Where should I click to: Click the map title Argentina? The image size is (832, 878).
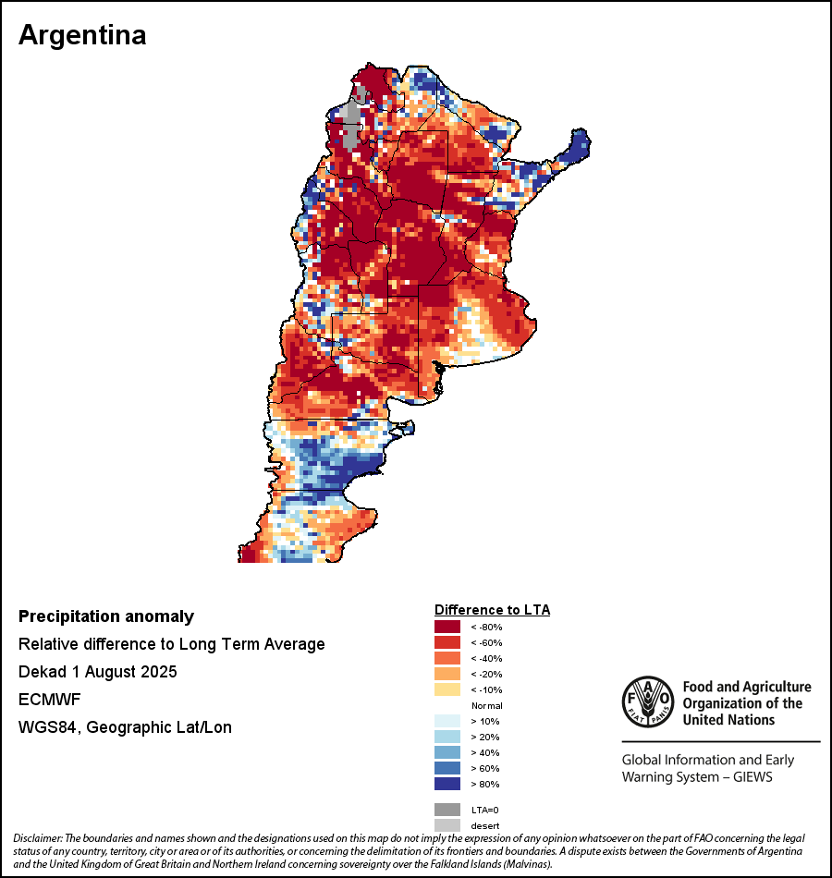pos(82,35)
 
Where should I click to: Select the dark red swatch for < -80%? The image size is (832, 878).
pos(447,628)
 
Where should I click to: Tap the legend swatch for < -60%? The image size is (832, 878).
pos(447,643)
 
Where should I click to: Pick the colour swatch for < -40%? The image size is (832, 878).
pos(447,659)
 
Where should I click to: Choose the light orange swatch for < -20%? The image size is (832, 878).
pos(447,675)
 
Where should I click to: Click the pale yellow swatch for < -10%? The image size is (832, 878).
pos(447,690)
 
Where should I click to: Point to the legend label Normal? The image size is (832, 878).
pos(486,705)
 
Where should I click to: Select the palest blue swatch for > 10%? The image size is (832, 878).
pos(447,721)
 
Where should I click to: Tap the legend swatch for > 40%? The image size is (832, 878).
pos(447,752)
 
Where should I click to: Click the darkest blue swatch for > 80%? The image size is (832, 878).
pos(447,784)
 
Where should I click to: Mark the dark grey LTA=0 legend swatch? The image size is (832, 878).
pos(447,809)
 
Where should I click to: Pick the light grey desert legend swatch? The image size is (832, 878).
pos(447,824)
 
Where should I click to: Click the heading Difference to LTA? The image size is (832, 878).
pos(492,610)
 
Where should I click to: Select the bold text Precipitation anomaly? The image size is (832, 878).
pos(106,616)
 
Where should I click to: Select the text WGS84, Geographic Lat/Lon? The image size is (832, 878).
pos(125,727)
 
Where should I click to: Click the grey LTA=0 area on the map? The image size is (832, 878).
pos(350,126)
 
